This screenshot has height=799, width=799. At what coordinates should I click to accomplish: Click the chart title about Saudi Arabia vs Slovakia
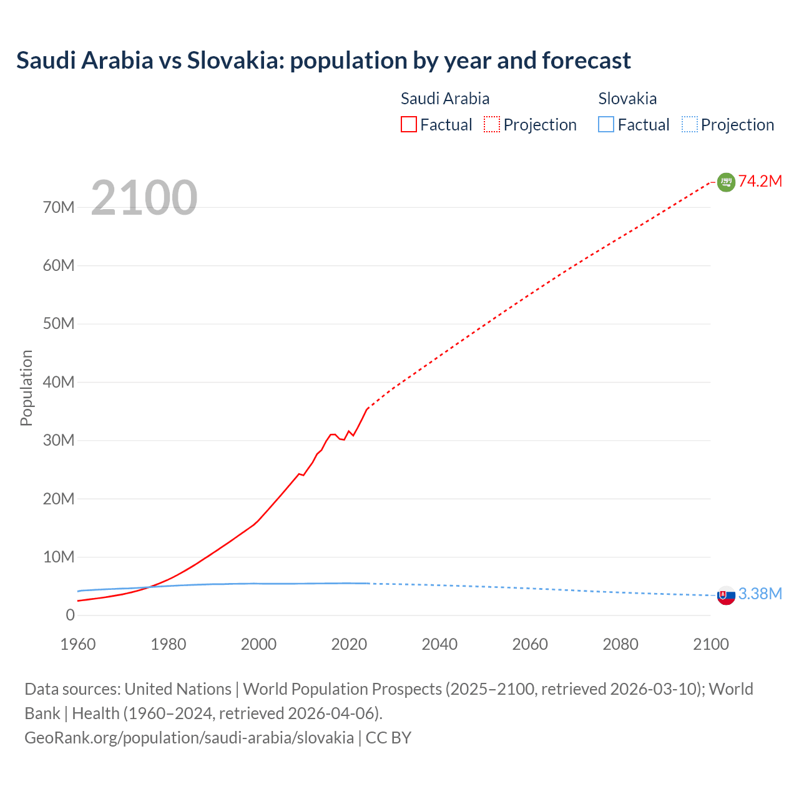pos(323,61)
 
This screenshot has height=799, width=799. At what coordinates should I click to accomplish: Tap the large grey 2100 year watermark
pos(144,198)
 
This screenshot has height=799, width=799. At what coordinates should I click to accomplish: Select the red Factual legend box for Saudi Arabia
pos(409,125)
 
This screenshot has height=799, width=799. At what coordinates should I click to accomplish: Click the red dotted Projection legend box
pos(492,125)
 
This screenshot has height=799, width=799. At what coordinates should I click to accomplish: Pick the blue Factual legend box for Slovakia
pos(606,125)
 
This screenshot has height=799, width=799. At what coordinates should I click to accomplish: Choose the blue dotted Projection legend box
pos(690,125)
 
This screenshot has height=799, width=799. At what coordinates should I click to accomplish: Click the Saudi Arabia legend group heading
pos(444,99)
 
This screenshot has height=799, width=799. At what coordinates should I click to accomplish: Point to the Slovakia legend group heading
pos(627,99)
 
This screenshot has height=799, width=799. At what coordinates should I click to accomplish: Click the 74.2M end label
pos(760,181)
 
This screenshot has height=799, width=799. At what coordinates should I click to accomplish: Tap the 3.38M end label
pos(760,594)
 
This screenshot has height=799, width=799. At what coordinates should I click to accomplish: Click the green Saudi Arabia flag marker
pos(726,182)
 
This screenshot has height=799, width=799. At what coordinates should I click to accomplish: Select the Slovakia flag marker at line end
pos(726,596)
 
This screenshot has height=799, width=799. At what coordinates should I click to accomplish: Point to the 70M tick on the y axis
pos(59,207)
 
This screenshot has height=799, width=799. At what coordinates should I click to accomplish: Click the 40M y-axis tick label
pos(59,382)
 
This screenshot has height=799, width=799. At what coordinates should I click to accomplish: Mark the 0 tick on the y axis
pos(70,615)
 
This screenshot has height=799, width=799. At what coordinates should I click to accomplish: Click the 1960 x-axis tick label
pos(78,644)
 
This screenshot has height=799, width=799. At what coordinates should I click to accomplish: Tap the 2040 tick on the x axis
pos(439,644)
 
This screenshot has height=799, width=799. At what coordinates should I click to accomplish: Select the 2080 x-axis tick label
pos(620,644)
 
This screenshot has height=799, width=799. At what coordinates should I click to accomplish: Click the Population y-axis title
pos(26,388)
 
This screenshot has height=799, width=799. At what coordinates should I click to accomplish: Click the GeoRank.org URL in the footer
pos(189,738)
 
